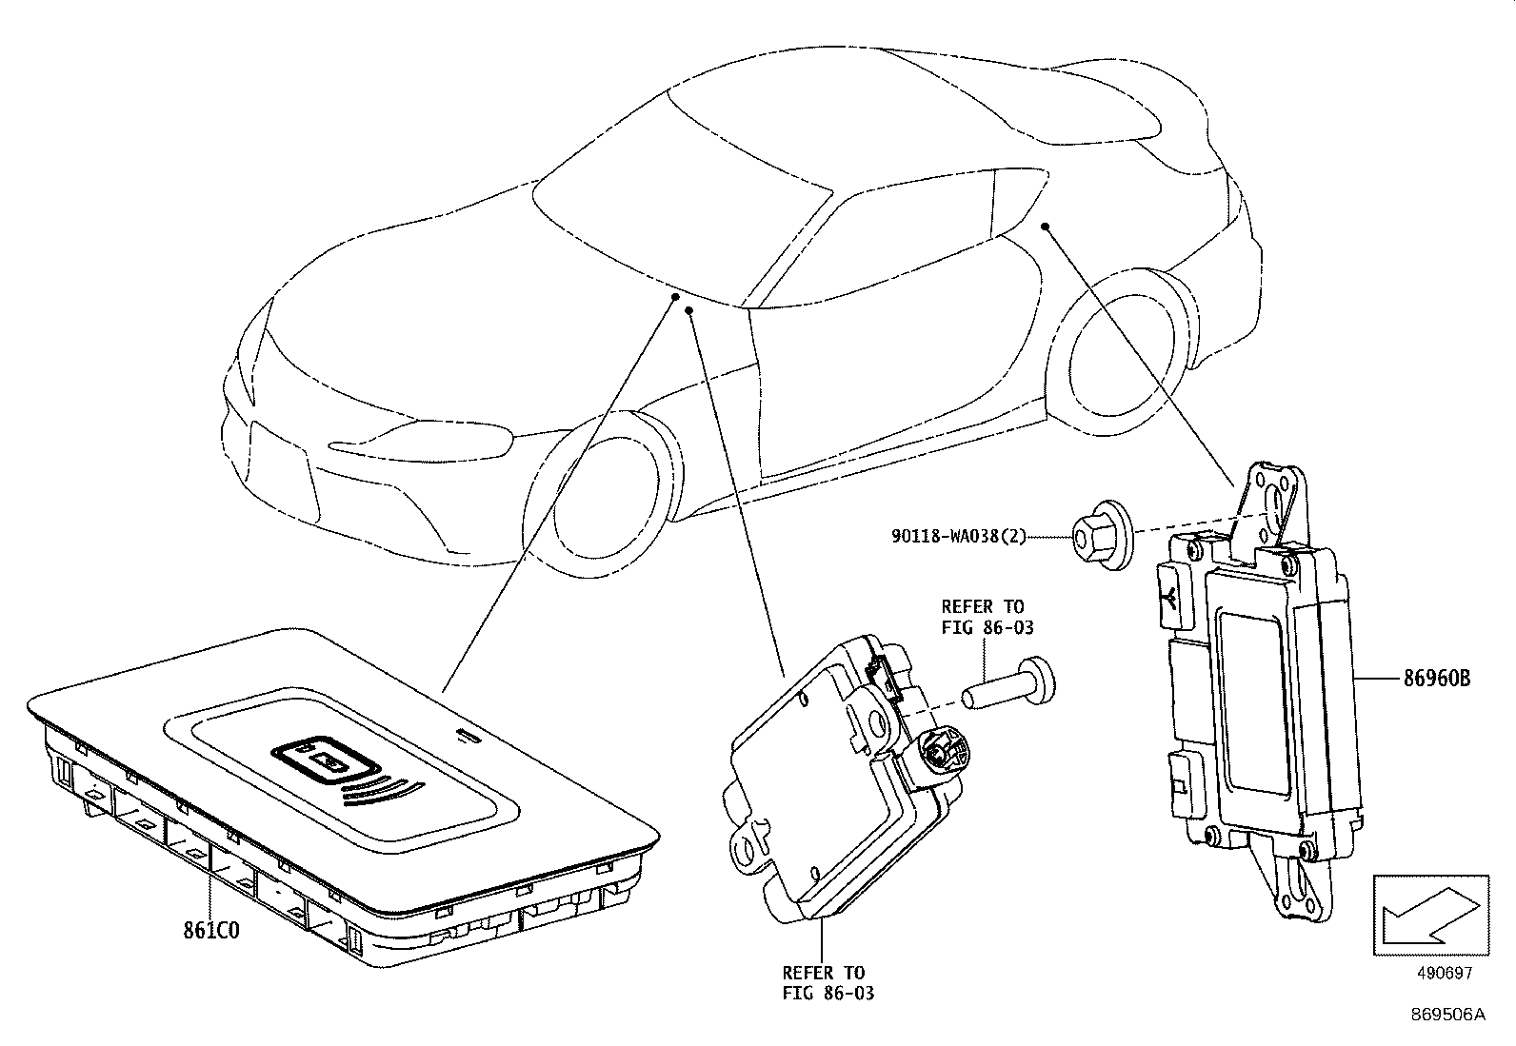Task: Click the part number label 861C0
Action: [x=211, y=929]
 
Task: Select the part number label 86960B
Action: [x=1436, y=679]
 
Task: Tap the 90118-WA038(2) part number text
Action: [x=959, y=537]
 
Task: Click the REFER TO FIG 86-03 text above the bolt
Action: [x=987, y=617]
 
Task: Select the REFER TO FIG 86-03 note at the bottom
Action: [x=826, y=982]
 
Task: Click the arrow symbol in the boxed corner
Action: [x=1429, y=913]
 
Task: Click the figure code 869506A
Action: [x=1447, y=1015]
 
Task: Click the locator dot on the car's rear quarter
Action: [x=1045, y=226]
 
